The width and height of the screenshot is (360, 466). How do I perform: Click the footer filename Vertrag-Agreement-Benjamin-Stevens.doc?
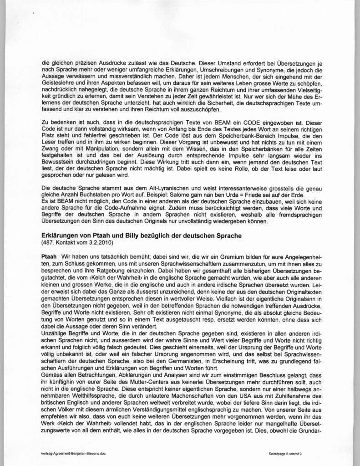[75, 454]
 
